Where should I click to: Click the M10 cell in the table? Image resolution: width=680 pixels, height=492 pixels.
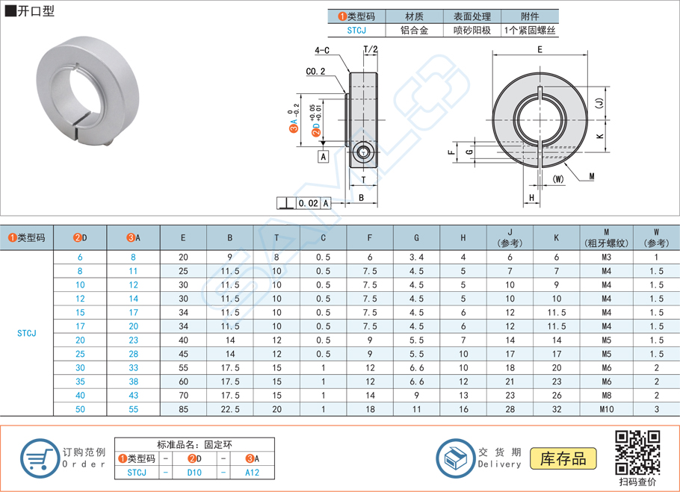606,409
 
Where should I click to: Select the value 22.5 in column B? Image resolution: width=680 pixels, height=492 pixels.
230,409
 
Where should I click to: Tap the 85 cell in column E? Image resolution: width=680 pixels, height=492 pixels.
183,409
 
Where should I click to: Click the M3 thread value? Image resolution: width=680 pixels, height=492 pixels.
606,257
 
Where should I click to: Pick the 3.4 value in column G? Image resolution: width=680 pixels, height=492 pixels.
416,257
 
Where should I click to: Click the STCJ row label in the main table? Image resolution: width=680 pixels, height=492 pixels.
26,333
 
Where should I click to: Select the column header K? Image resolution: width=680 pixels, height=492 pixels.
557,237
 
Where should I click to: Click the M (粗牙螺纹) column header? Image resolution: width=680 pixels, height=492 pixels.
606,237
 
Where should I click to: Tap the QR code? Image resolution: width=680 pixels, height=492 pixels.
637,452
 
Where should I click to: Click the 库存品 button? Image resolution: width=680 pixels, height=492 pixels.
563,458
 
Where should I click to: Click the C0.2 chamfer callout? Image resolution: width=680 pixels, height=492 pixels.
315,72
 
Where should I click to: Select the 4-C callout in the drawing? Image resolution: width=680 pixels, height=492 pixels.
322,50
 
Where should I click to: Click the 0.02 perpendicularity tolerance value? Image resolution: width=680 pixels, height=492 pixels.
308,203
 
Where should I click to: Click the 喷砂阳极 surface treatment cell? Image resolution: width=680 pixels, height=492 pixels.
472,31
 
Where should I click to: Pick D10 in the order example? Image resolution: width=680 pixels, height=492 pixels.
194,473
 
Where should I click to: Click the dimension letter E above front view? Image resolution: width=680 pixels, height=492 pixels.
540,49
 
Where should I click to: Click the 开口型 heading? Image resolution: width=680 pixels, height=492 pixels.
34,11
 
